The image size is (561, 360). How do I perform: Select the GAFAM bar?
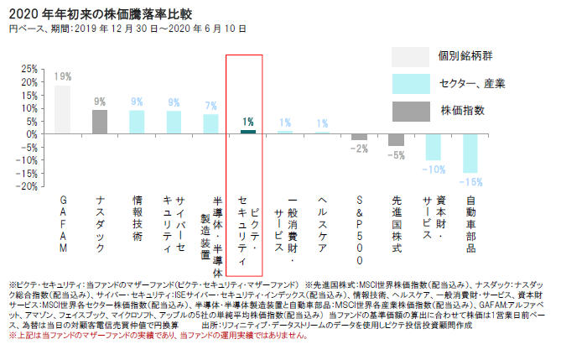tap(63, 110)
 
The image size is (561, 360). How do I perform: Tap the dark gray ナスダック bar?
tap(100, 122)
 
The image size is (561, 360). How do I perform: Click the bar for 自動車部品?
tap(470, 153)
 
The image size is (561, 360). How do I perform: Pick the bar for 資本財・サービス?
tap(433, 147)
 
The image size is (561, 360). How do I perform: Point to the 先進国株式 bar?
tap(396, 139)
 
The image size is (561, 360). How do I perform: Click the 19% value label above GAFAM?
tap(63, 76)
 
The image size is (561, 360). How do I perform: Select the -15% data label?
tap(471, 182)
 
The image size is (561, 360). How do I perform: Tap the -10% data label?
tap(434, 170)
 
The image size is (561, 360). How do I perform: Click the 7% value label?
tap(210, 107)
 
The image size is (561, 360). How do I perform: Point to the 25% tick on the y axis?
tap(29, 69)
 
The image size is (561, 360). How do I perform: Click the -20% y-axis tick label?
tap(27, 185)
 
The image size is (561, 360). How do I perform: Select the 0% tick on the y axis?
tap(32, 134)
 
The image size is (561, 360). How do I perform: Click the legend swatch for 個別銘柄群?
tap(410, 56)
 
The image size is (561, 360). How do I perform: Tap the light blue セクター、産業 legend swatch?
tap(410, 83)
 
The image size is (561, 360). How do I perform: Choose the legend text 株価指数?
tap(462, 111)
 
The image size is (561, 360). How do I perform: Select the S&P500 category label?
tap(359, 225)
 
